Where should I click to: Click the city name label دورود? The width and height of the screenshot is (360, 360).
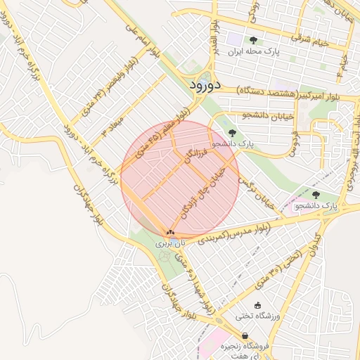[x=205, y=84]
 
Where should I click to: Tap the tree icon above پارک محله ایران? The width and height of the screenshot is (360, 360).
[x=253, y=40]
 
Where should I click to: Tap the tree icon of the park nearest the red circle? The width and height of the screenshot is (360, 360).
[x=233, y=131]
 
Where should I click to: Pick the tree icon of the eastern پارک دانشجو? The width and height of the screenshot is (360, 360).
[x=314, y=194]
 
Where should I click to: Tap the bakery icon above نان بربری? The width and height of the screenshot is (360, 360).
[x=170, y=231]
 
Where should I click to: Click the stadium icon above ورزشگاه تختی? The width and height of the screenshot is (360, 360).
[x=258, y=305]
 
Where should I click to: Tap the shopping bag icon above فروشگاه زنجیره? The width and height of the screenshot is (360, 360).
[x=245, y=335]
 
